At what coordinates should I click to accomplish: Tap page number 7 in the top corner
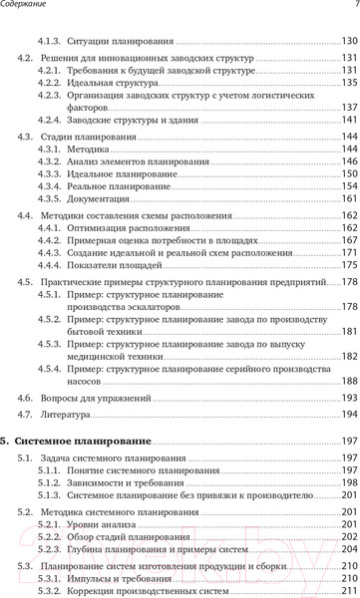[354, 8]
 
